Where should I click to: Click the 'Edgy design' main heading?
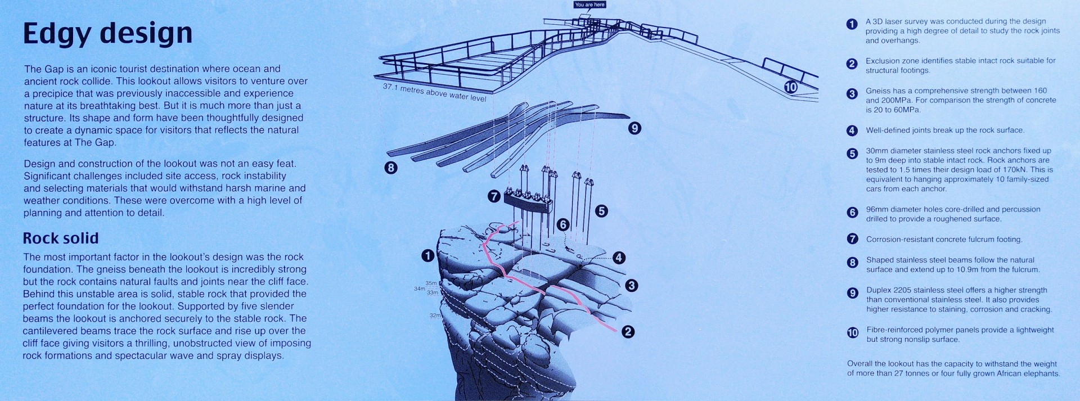pyautogui.click(x=107, y=34)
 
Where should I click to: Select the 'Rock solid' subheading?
pyautogui.click(x=61, y=238)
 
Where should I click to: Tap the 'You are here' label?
pyautogui.click(x=590, y=4)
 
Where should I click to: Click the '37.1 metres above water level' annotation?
pyautogui.click(x=434, y=92)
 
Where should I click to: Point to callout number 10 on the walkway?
pyautogui.click(x=791, y=87)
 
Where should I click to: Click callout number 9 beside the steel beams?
pyautogui.click(x=634, y=128)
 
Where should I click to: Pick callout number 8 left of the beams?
pyautogui.click(x=390, y=168)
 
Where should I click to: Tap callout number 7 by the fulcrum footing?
pyautogui.click(x=493, y=196)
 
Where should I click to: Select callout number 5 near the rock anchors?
pyautogui.click(x=601, y=211)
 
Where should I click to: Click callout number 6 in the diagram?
pyautogui.click(x=563, y=224)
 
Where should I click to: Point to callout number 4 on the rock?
pyautogui.click(x=619, y=258)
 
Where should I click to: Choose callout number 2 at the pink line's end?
pyautogui.click(x=628, y=332)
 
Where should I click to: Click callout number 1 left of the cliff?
pyautogui.click(x=427, y=256)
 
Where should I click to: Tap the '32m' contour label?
pyautogui.click(x=435, y=316)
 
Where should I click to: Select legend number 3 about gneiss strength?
pyautogui.click(x=852, y=94)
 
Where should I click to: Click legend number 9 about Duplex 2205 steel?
pyautogui.click(x=852, y=293)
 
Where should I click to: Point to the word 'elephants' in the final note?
pyautogui.click(x=1042, y=373)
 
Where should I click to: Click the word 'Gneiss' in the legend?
pyautogui.click(x=878, y=91)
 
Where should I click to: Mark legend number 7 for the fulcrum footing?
pyautogui.click(x=852, y=238)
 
